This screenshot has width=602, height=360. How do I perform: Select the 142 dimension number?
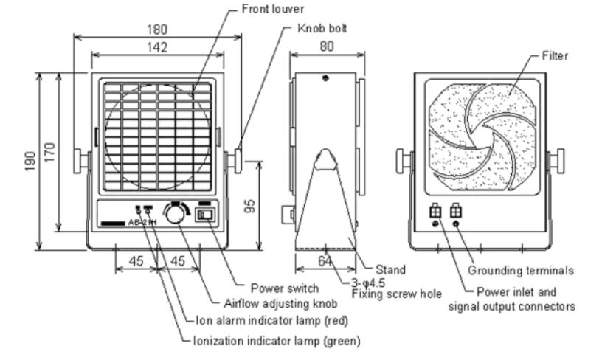tap(156, 47)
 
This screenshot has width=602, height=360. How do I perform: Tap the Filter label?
tap(554, 56)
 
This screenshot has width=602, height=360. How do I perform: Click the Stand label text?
tap(390, 270)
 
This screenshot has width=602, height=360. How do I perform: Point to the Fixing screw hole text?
tap(396, 294)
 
